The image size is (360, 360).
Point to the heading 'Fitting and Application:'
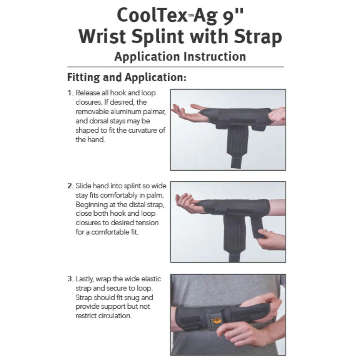click(127, 77)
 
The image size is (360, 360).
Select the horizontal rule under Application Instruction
click(175, 67)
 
